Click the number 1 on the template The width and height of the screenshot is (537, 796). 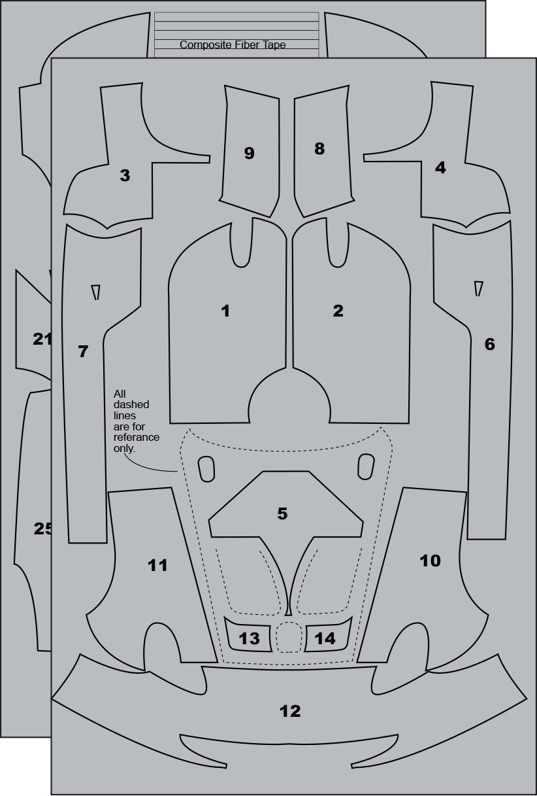(x=225, y=311)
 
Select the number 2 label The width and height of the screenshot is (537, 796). (x=338, y=311)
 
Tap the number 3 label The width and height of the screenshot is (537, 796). (x=125, y=175)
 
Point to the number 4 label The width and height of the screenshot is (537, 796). (x=440, y=167)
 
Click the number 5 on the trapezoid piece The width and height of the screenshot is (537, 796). (x=282, y=513)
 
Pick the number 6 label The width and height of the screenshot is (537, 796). (x=489, y=344)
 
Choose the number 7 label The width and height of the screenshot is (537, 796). (x=83, y=351)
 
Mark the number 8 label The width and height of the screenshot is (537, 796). (x=319, y=148)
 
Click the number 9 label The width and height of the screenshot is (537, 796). (x=249, y=153)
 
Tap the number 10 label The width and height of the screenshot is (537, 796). (x=430, y=561)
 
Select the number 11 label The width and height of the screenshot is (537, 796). (x=157, y=565)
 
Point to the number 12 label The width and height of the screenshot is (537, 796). (x=290, y=711)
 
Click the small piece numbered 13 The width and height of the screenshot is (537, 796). (x=249, y=638)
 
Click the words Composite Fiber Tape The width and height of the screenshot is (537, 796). (x=233, y=44)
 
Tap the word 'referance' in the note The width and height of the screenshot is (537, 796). (x=137, y=437)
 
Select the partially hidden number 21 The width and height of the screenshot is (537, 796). (x=42, y=339)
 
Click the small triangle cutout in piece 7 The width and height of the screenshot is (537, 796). (x=96, y=292)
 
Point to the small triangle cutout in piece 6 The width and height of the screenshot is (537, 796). (x=478, y=288)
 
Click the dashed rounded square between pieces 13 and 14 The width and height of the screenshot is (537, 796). (x=289, y=638)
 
